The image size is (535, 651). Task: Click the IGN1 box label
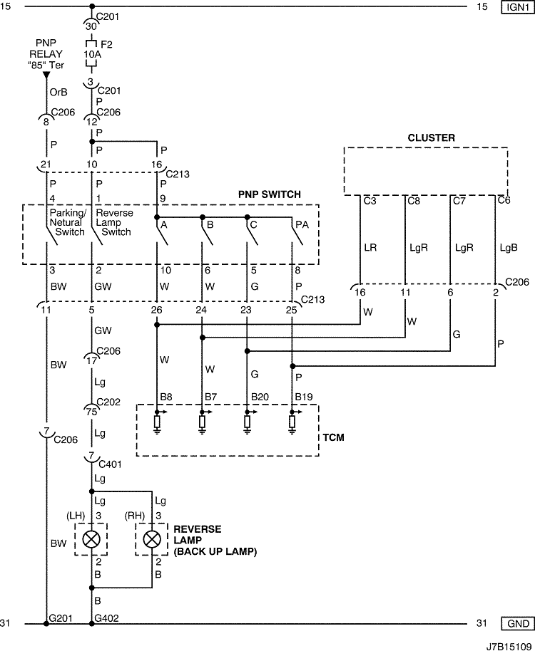click(518, 7)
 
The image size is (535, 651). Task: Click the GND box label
click(518, 623)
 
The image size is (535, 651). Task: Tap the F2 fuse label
click(106, 44)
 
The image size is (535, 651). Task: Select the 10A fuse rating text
click(92, 54)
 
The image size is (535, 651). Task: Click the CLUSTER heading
click(431, 138)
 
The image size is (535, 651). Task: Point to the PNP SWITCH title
click(270, 194)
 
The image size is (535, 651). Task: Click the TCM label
click(333, 437)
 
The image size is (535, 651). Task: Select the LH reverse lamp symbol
click(91, 539)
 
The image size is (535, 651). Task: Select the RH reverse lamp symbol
click(152, 539)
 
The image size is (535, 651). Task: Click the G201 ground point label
click(61, 618)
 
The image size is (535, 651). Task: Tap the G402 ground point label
click(106, 618)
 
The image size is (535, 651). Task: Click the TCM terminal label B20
click(260, 397)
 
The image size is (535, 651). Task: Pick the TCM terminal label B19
click(304, 397)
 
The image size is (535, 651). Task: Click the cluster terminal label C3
click(370, 201)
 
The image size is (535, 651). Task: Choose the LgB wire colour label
click(509, 248)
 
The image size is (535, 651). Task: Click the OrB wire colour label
click(58, 92)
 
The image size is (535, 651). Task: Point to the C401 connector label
click(110, 464)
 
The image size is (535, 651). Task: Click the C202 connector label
click(108, 402)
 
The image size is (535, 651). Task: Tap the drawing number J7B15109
click(509, 647)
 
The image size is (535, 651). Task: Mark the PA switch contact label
click(302, 224)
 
